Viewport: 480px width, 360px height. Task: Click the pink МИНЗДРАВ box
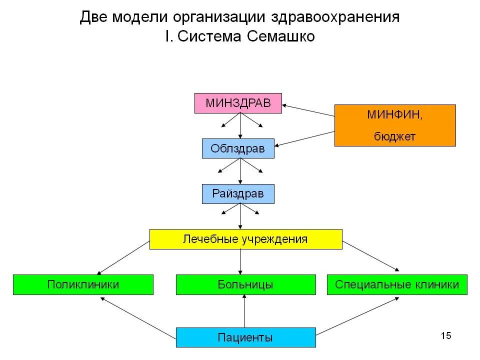click(x=238, y=103)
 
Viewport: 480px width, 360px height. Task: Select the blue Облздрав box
click(x=238, y=148)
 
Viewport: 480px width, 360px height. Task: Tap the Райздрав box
click(x=238, y=193)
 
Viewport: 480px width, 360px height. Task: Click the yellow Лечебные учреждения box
click(x=246, y=239)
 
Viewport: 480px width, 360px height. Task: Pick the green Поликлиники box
click(x=83, y=284)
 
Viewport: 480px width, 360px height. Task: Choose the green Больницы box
click(x=245, y=284)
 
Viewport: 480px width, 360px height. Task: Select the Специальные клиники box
click(x=397, y=284)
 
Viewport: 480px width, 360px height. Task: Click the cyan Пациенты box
click(x=245, y=337)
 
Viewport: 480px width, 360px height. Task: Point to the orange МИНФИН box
click(x=395, y=125)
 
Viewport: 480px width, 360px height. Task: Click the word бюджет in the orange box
click(x=395, y=136)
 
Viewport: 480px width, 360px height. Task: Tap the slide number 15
click(x=446, y=335)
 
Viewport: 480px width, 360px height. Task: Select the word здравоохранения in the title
click(x=335, y=17)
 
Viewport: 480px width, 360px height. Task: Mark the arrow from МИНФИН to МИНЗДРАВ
click(x=308, y=110)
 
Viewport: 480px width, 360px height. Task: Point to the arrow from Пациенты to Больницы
click(x=244, y=311)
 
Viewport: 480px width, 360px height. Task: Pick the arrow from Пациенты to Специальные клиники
click(x=357, y=316)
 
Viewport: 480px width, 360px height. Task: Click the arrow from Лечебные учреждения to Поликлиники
click(x=123, y=258)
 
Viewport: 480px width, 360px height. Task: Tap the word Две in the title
click(x=93, y=17)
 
